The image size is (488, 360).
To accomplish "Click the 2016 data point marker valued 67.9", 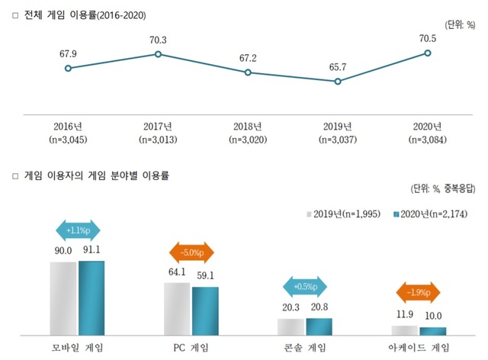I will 68,68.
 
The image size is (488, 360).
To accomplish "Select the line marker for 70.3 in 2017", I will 158,54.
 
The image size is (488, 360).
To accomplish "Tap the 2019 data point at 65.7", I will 338,81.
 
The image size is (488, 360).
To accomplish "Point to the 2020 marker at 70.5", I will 428,53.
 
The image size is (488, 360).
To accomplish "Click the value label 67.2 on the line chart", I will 248,58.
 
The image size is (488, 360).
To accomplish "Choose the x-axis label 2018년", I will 248,126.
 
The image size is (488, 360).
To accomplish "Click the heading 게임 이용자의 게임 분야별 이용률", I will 95,175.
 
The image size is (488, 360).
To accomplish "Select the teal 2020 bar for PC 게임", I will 205,310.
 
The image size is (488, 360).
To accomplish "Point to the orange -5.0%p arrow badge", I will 191,252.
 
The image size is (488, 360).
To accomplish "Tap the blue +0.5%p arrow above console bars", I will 305,287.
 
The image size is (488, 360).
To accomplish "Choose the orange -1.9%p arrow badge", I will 419,292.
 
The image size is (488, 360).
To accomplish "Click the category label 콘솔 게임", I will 304,347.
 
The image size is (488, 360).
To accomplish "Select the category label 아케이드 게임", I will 419,347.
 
